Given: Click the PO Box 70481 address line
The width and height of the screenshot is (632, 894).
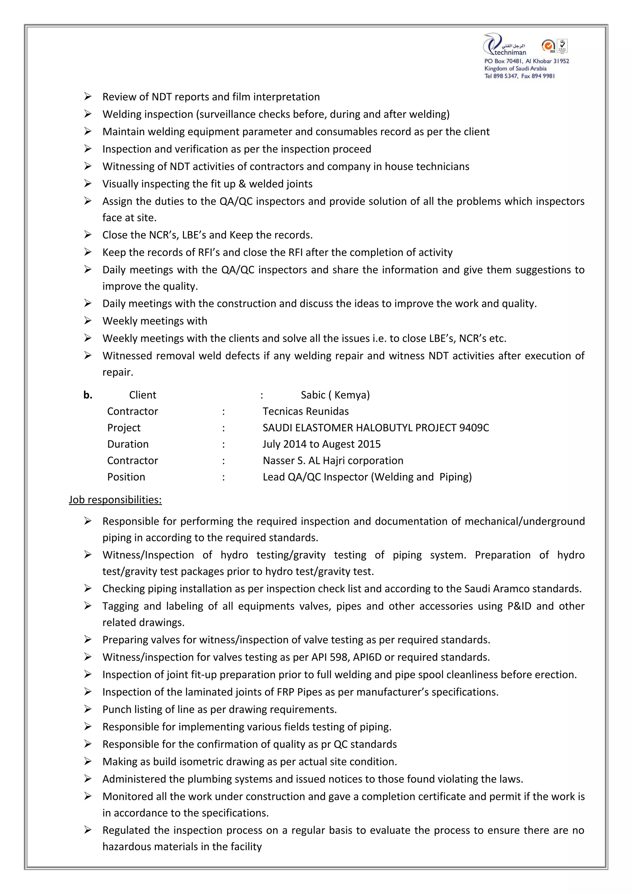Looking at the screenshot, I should click(526, 61).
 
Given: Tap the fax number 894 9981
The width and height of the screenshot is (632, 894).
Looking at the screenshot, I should click(543, 76).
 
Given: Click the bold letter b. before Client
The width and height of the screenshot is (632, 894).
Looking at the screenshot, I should click(88, 395).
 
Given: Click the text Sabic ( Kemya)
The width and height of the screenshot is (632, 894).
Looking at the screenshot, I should click(335, 395).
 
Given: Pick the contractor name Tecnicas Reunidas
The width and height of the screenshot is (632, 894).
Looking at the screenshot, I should click(305, 412).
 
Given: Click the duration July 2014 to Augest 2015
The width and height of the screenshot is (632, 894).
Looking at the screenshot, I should click(321, 444).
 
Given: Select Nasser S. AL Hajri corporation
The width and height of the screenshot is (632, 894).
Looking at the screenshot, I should click(333, 461).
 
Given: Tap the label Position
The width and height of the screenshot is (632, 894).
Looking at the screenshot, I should click(126, 477).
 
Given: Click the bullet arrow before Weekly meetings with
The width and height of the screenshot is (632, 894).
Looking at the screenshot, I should click(88, 321).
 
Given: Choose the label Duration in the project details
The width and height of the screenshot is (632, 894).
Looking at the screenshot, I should click(128, 444).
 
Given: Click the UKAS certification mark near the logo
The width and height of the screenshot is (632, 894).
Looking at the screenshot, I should click(562, 46).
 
